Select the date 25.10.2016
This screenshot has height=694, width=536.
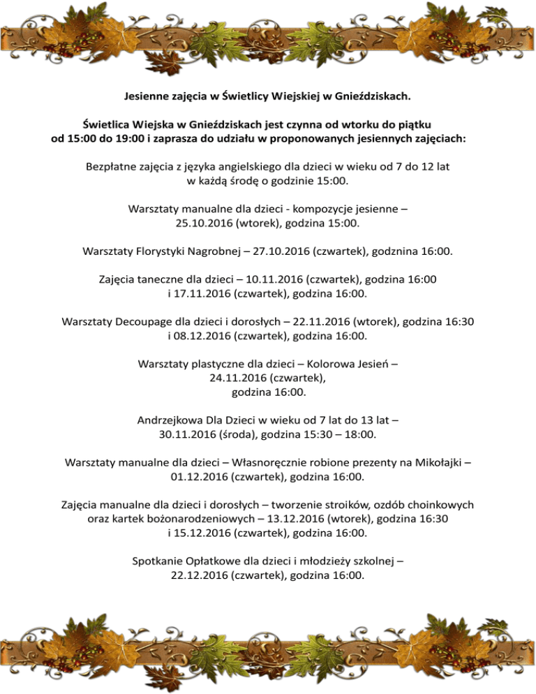(206, 223)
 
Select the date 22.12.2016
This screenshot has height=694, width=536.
(200, 575)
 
